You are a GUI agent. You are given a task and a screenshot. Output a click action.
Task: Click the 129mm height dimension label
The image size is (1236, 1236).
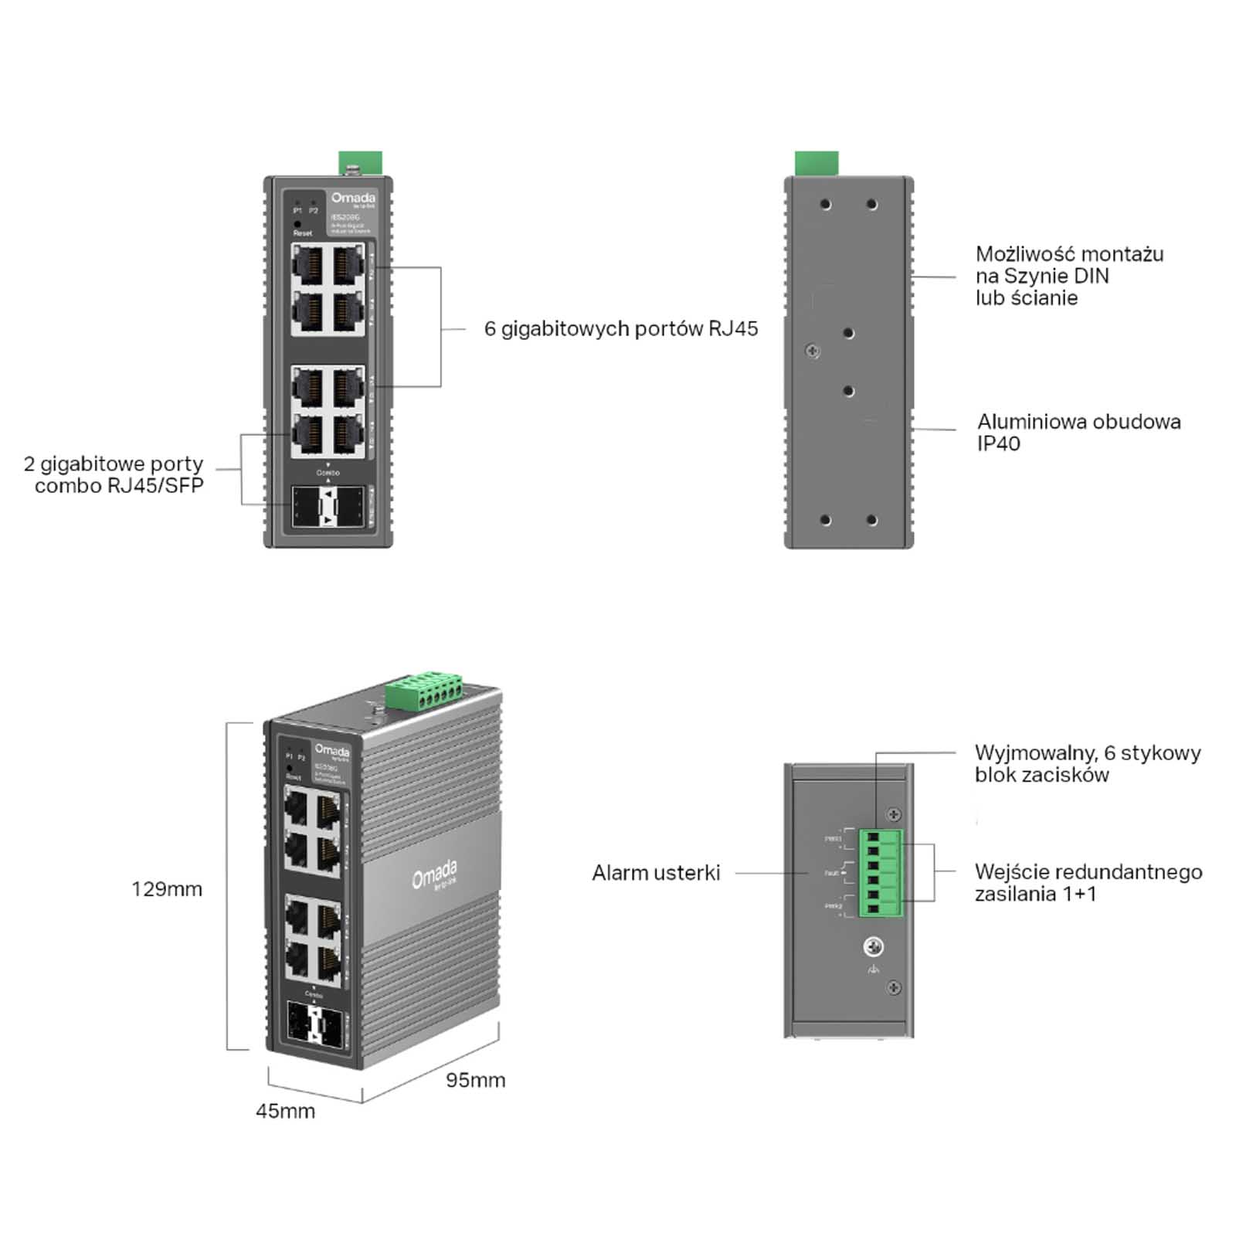(167, 889)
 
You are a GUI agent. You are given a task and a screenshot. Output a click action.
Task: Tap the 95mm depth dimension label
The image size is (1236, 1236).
(475, 1080)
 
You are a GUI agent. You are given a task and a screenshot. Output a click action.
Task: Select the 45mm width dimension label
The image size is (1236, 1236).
(285, 1111)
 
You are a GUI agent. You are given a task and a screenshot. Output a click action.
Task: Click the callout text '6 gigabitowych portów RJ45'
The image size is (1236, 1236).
(620, 329)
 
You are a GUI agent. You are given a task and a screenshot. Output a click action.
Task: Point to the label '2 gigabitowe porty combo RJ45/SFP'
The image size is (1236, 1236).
(114, 474)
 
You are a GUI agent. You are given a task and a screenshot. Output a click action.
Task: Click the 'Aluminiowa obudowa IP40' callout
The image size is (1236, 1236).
(1078, 433)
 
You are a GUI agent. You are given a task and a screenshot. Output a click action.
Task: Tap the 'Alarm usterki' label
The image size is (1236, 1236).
(656, 873)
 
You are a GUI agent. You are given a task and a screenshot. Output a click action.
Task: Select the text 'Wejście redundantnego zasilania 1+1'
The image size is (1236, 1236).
(1088, 883)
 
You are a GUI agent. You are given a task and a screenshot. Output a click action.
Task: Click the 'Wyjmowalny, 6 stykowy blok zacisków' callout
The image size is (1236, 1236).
(1087, 763)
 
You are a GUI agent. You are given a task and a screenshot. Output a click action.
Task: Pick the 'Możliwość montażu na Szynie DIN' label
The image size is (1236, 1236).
(1068, 276)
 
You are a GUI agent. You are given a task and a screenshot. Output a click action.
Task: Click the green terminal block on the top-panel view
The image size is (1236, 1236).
(881, 874)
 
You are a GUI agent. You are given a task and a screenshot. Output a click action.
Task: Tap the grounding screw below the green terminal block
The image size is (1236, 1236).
(874, 947)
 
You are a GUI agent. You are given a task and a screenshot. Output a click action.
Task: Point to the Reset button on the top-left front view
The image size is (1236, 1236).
(297, 224)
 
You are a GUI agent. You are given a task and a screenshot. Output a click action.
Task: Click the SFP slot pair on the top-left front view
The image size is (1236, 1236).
(328, 508)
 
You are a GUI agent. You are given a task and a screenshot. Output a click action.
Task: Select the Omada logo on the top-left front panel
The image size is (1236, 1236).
(353, 199)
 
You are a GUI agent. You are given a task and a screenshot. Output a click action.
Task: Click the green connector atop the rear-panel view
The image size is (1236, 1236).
(817, 163)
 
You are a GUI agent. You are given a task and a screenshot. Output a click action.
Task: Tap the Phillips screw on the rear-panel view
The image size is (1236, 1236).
(813, 351)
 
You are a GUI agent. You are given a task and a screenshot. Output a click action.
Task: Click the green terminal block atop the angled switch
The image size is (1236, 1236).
(424, 689)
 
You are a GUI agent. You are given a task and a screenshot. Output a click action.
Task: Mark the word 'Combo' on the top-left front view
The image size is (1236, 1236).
(328, 472)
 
